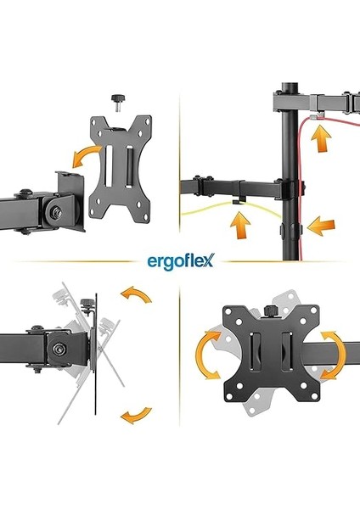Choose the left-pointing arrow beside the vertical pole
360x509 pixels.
click(321, 225)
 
